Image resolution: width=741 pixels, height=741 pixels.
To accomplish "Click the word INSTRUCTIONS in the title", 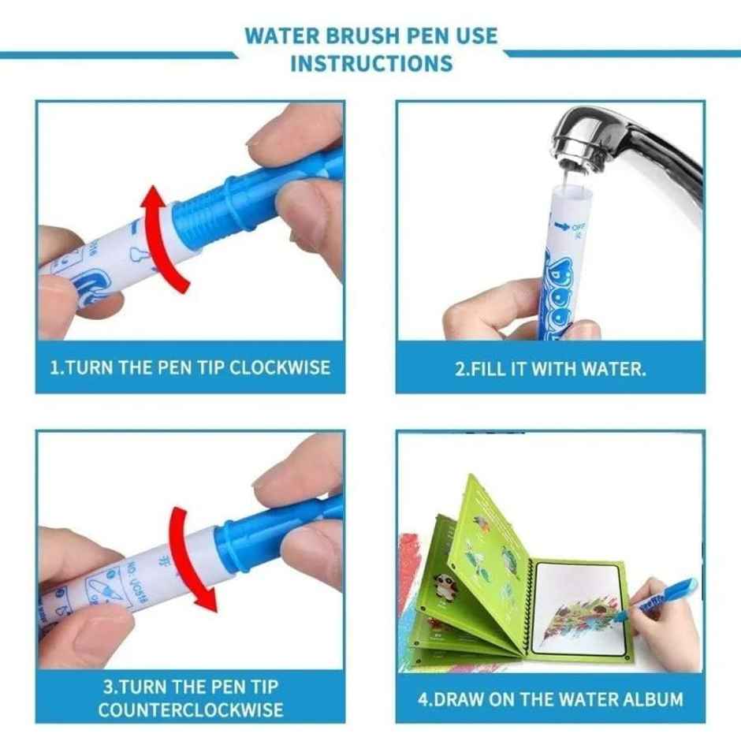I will pyautogui.click(x=371, y=62).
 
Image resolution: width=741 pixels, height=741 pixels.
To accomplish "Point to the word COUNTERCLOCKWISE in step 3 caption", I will pyautogui.click(x=190, y=709).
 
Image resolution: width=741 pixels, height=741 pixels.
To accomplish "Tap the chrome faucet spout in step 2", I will pyautogui.click(x=623, y=142).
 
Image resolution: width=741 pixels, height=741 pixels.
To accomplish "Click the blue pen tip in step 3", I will pyautogui.click(x=267, y=528).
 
